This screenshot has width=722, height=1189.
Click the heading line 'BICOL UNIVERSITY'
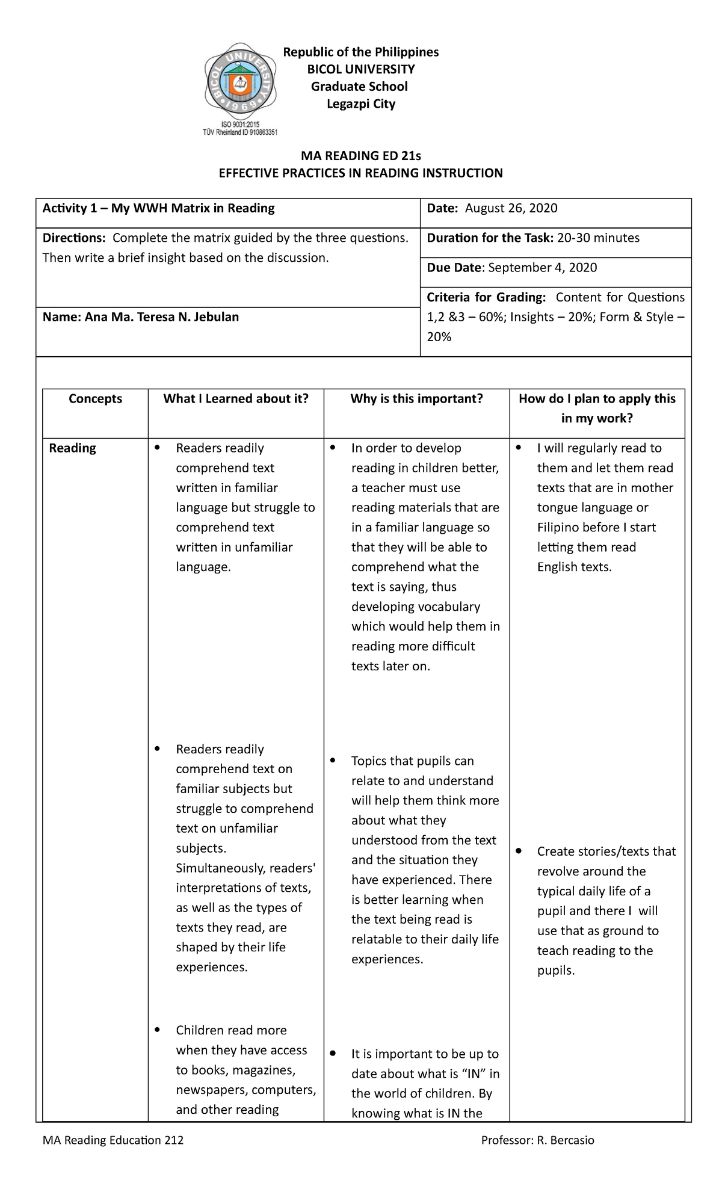coord(361,69)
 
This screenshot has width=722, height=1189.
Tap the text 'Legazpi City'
coord(361,104)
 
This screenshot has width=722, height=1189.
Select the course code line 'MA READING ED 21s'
coord(361,156)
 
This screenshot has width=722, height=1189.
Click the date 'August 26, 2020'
coord(511,208)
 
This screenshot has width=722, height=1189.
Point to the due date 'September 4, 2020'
coord(542,268)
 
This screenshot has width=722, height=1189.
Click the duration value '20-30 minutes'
coord(598,238)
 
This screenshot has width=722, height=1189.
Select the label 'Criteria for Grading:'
coord(486,297)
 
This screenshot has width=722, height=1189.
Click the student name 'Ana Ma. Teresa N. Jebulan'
coord(162,317)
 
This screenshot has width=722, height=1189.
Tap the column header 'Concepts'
coord(95,399)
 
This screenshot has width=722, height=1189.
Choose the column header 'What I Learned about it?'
coord(236,399)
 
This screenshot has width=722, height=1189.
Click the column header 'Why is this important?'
coord(416,399)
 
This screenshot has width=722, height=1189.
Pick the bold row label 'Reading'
coord(72,448)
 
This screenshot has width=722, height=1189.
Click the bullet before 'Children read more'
coord(158,1030)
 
